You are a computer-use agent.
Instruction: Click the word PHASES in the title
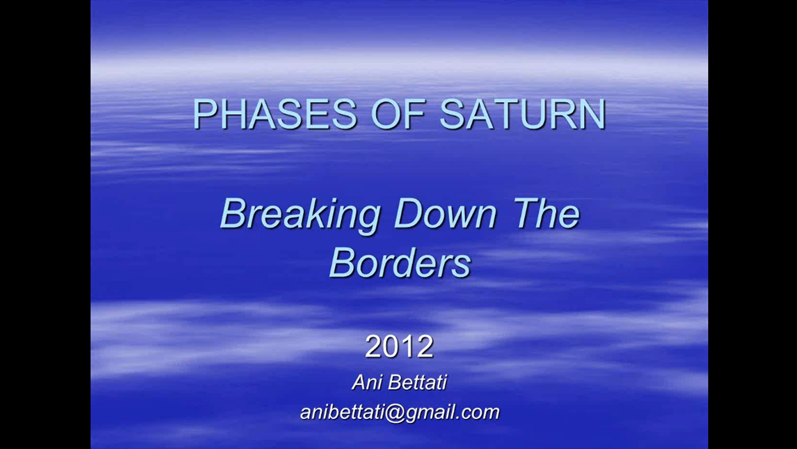click(x=275, y=114)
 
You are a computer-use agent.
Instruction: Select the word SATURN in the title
click(x=523, y=114)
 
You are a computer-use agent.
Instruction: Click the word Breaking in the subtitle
click(x=300, y=215)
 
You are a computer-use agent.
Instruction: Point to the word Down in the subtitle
click(x=445, y=215)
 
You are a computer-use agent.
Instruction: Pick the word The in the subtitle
click(x=546, y=215)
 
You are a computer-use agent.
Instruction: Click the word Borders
click(x=399, y=263)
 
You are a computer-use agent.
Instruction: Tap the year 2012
click(x=399, y=346)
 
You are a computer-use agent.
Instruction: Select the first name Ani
click(x=367, y=383)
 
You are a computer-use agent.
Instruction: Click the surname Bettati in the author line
click(x=417, y=383)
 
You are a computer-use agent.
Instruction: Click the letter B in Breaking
click(x=234, y=215)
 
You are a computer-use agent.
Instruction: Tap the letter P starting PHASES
click(x=205, y=114)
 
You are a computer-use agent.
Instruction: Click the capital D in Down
click(x=407, y=215)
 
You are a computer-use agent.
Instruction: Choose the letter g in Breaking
click(x=367, y=219)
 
